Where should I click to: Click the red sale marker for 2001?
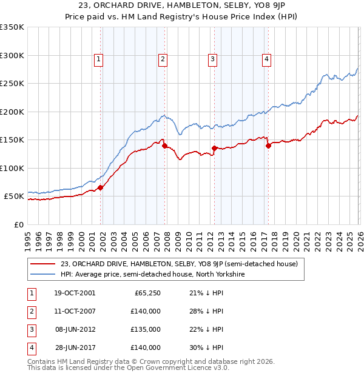click(x=101, y=187)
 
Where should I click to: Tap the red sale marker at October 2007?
click(x=164, y=146)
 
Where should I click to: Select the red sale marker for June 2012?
click(x=214, y=148)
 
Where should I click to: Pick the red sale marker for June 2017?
click(x=268, y=146)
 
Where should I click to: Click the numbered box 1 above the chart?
click(x=98, y=59)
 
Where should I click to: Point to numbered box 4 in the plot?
click(x=266, y=59)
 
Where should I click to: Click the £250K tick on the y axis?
click(x=12, y=84)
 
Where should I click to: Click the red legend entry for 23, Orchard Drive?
click(x=179, y=264)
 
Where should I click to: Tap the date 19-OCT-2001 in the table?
click(x=74, y=293)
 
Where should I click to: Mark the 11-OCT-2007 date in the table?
click(x=74, y=311)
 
